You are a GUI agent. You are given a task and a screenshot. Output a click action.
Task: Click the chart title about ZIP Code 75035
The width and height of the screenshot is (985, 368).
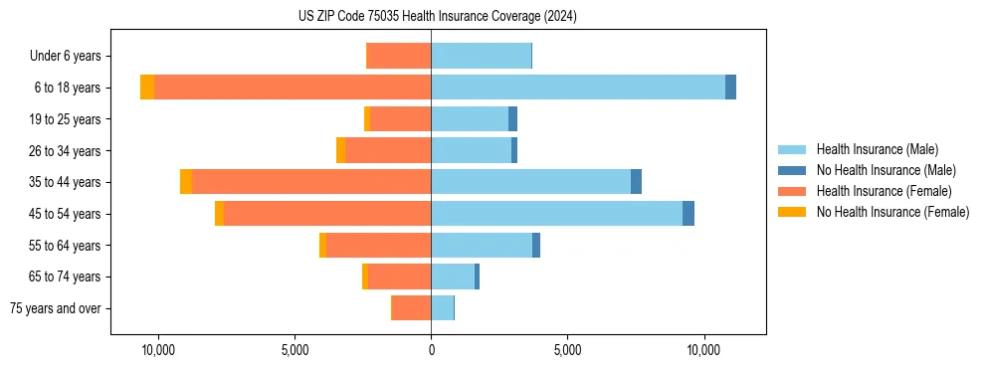click(x=437, y=17)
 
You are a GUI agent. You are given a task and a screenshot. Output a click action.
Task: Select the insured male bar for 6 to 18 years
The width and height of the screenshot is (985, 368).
click(x=578, y=88)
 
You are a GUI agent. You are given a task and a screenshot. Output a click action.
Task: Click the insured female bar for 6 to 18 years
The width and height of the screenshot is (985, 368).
click(x=293, y=88)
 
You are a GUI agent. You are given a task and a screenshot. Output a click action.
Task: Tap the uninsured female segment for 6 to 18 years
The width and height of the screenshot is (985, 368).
click(x=147, y=88)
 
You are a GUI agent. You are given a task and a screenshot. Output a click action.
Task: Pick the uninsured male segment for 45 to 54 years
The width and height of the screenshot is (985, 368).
click(x=689, y=214)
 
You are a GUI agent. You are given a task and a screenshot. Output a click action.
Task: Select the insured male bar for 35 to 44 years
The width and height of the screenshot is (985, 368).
click(x=531, y=182)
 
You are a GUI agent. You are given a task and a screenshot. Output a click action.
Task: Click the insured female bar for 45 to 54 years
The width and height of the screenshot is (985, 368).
click(x=327, y=214)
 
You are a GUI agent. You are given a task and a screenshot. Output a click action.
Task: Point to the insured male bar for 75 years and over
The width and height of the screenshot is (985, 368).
click(x=442, y=308)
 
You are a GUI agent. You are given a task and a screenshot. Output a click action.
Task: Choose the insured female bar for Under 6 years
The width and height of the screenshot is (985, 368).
click(x=399, y=56)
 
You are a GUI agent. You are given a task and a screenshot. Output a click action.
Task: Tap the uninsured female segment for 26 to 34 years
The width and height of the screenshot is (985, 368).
click(x=341, y=150)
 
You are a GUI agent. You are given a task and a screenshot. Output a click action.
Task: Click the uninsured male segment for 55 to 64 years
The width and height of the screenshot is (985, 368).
click(x=536, y=246)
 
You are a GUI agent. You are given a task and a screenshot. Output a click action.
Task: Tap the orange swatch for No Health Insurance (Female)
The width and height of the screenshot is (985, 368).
click(x=792, y=212)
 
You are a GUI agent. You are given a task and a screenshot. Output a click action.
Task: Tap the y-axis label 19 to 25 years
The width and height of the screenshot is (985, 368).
click(x=65, y=119)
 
